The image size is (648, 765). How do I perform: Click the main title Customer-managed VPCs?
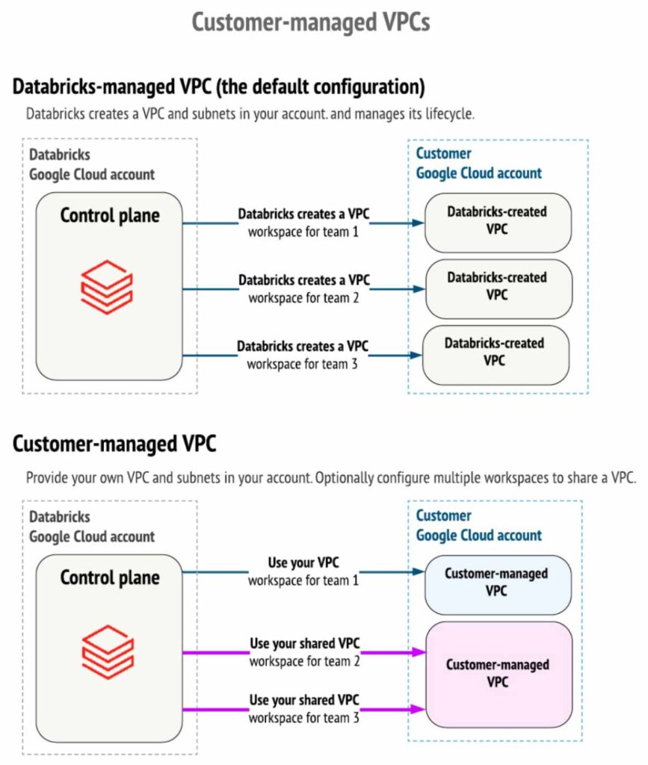coord(311,22)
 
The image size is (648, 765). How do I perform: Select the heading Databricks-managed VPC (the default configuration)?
coord(218,87)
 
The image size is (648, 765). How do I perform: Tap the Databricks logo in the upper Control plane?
coord(107,286)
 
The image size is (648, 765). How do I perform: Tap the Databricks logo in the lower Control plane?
coord(107,648)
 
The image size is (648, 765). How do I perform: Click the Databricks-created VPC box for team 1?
coord(497,222)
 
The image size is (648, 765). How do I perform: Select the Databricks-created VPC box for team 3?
coord(495,353)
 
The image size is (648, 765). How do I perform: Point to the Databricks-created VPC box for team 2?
coord(497,287)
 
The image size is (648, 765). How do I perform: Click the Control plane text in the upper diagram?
coord(110,216)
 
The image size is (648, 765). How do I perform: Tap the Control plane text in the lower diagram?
coord(110,577)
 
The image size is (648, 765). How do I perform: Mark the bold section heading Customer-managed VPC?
coord(114,445)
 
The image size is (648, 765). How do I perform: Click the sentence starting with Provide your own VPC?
coord(331,479)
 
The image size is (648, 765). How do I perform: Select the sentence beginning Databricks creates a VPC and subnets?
coord(250,115)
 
